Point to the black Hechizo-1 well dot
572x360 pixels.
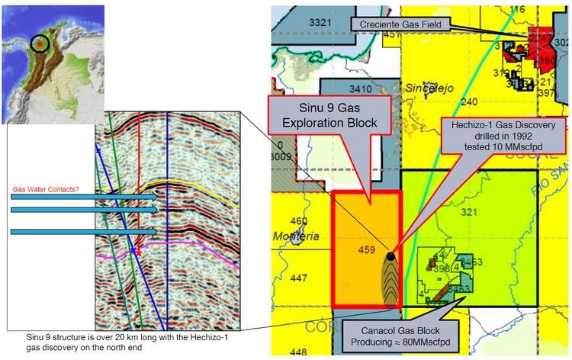[x=390, y=257]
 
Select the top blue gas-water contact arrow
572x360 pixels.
[x=84, y=197]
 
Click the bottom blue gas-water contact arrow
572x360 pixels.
[x=84, y=230]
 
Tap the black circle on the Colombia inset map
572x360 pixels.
[x=41, y=45]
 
